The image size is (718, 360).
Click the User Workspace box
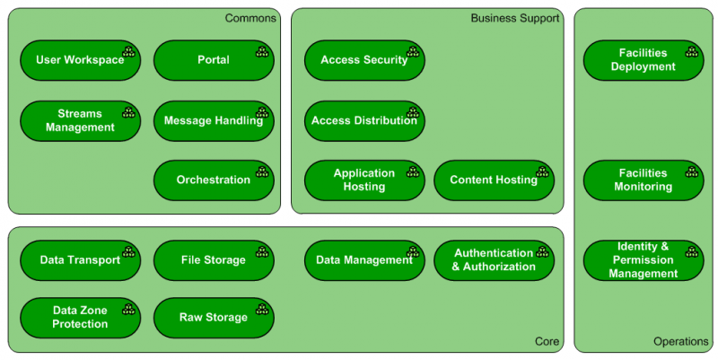click(80, 60)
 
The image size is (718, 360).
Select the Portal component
click(214, 60)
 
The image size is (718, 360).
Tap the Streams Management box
click(80, 121)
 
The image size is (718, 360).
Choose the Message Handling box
click(214, 121)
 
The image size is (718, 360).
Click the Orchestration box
click(214, 180)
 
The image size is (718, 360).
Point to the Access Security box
click(364, 60)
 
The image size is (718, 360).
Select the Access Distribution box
click(364, 121)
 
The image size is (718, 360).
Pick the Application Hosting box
click(364, 180)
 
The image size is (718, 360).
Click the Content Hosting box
click(494, 180)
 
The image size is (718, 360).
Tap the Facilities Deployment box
click(644, 60)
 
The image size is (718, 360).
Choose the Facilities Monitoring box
click(644, 180)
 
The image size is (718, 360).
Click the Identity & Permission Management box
click(644, 260)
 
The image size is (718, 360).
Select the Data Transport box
click(80, 260)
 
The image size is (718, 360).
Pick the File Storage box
click(214, 260)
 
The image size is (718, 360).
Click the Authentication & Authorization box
click(494, 260)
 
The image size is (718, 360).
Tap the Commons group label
click(250, 18)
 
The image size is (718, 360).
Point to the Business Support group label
click(515, 18)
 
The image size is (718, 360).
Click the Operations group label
click(681, 342)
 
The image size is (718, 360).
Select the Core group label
click(547, 342)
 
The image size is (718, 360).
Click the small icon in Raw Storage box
click(262, 310)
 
